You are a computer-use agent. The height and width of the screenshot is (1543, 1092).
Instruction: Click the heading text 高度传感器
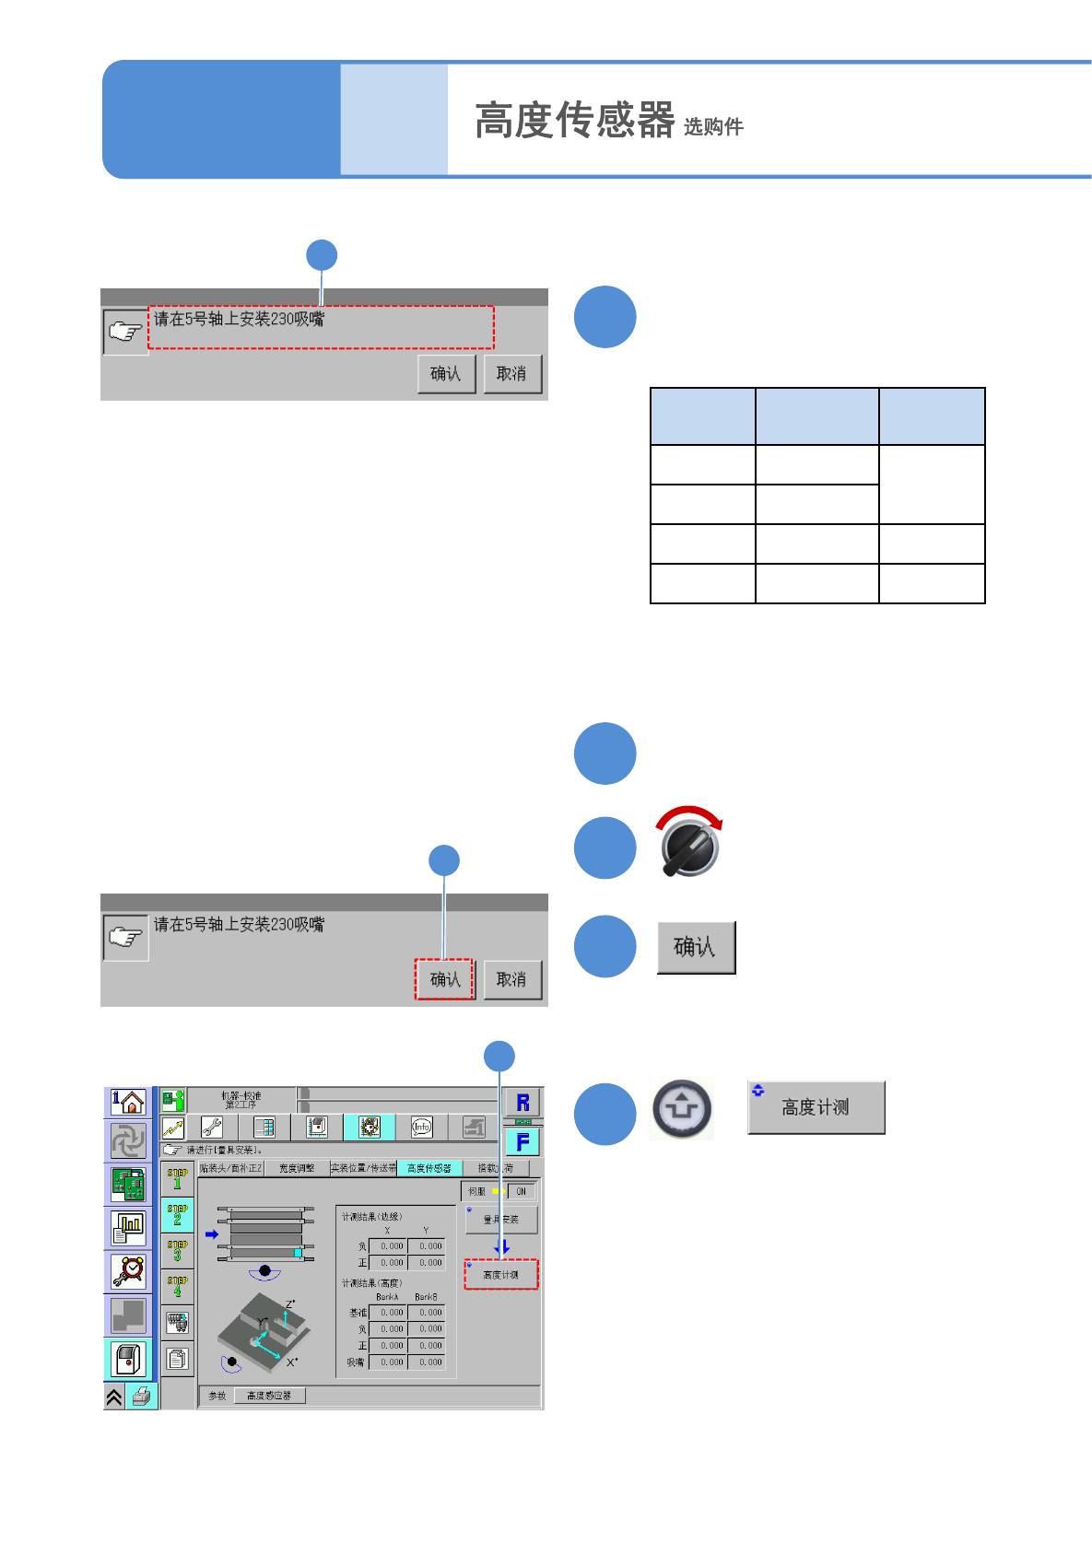pos(574,121)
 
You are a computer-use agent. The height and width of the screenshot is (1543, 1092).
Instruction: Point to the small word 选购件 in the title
pos(713,127)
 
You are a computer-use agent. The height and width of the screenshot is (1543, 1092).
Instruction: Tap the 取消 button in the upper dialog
pos(512,374)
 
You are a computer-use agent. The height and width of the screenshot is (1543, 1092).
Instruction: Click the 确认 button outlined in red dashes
pos(444,979)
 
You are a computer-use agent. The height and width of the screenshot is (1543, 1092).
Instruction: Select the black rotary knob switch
pos(690,847)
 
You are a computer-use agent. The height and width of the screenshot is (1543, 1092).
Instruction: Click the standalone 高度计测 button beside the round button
pos(816,1107)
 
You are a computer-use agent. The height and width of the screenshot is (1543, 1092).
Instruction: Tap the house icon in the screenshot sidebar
pos(128,1102)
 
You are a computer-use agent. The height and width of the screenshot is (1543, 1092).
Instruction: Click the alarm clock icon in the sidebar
pos(128,1271)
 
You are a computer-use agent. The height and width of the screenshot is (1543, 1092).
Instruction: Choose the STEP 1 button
pos(177,1179)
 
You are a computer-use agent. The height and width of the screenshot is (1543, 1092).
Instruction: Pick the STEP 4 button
pos(177,1286)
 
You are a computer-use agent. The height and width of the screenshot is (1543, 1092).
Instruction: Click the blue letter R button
pos(523,1103)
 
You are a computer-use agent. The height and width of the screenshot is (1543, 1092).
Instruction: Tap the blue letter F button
pos(523,1142)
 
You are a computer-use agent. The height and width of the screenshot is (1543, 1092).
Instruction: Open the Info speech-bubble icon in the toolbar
pos(421,1127)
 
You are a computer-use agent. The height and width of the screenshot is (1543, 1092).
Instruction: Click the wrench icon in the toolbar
pos(212,1127)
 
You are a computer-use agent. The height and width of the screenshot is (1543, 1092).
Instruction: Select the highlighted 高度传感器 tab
pos(429,1168)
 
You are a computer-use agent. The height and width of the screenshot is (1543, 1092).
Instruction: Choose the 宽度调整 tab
pos(297,1168)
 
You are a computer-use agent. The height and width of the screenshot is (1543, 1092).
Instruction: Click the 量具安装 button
pos(501,1220)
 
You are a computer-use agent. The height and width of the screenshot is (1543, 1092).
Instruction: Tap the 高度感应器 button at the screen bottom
pos(269,1396)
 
